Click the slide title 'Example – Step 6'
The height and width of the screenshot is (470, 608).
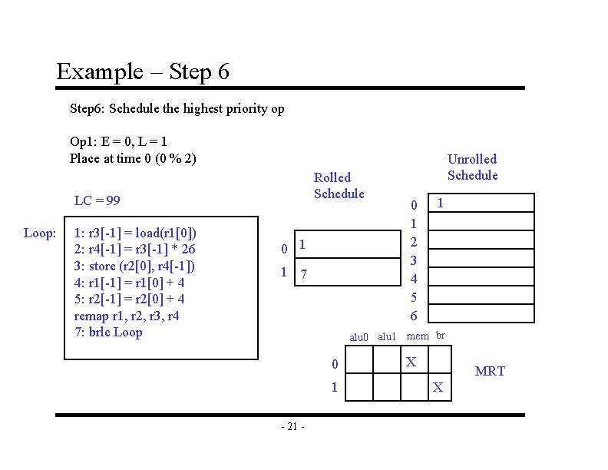[x=143, y=72]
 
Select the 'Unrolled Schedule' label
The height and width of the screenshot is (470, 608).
[x=472, y=167]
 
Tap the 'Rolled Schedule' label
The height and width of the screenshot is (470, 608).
[x=339, y=185]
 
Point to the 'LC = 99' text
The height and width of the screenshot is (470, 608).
[x=97, y=200]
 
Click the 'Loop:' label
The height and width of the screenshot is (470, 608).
[x=39, y=233]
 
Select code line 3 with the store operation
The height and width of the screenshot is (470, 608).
[x=134, y=266]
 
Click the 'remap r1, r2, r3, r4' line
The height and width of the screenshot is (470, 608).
[x=127, y=316]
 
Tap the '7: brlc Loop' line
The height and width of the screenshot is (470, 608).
[x=108, y=333]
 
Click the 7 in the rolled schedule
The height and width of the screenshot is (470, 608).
[x=305, y=274]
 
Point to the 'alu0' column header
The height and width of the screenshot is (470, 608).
[x=359, y=336]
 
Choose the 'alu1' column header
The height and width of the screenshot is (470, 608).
[x=387, y=336]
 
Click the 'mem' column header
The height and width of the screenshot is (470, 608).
[x=418, y=336]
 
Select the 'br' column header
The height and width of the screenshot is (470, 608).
[x=440, y=335]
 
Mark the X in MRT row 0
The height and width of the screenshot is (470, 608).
[x=411, y=361]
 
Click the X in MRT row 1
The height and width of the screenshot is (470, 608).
[x=438, y=387]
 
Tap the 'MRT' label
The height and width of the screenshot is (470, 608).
[x=490, y=372]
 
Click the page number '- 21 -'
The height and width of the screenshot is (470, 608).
[x=293, y=427]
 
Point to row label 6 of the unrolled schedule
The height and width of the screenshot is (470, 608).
[x=414, y=316]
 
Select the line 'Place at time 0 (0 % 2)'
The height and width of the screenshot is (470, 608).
[x=133, y=158]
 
